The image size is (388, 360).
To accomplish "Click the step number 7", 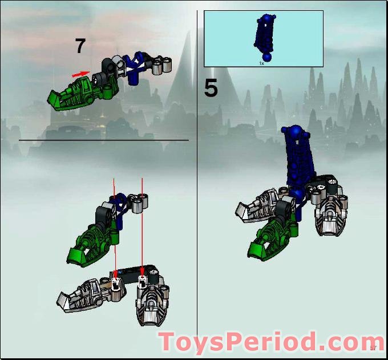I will point(80,46).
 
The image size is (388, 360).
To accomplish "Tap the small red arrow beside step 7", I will point(80,74).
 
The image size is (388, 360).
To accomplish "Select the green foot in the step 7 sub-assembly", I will point(80,95).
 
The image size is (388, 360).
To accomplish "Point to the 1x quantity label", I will point(262,63).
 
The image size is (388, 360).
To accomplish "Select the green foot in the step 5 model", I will point(268,237).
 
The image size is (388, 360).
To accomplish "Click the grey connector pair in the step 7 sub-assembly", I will point(162,66).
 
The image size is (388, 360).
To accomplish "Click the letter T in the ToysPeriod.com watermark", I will point(169,342).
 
